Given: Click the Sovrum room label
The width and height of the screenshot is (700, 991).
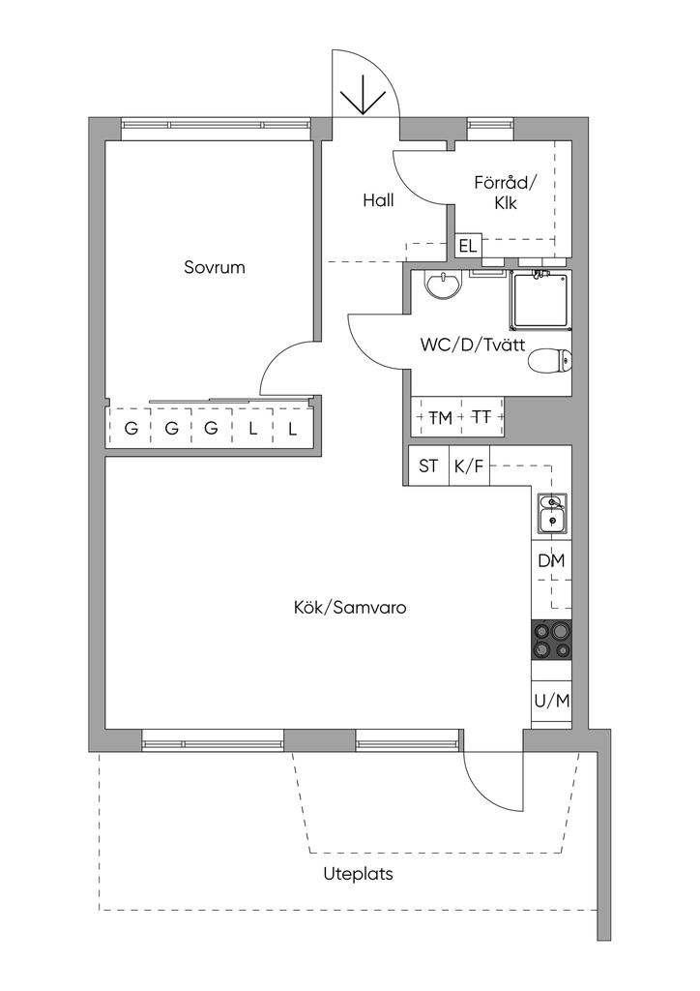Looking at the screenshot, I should pyautogui.click(x=215, y=268).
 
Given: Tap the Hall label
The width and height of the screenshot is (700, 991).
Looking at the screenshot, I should pyautogui.click(x=378, y=200).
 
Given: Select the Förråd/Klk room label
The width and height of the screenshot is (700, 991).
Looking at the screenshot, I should pyautogui.click(x=505, y=193).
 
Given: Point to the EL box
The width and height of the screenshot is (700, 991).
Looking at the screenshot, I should pyautogui.click(x=469, y=246).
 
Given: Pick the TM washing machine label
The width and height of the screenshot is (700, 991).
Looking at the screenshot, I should pyautogui.click(x=440, y=418).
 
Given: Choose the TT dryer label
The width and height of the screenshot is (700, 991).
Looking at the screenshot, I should pyautogui.click(x=481, y=418).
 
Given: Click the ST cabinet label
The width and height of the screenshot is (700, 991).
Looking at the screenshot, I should pyautogui.click(x=428, y=466).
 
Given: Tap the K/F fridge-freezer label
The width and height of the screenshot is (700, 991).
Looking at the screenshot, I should pyautogui.click(x=469, y=466).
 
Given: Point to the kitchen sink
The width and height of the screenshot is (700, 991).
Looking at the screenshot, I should pyautogui.click(x=552, y=513).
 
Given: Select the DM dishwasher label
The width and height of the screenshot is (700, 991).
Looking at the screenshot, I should pyautogui.click(x=551, y=560).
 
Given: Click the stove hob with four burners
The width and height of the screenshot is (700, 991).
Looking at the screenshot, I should pyautogui.click(x=551, y=640).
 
